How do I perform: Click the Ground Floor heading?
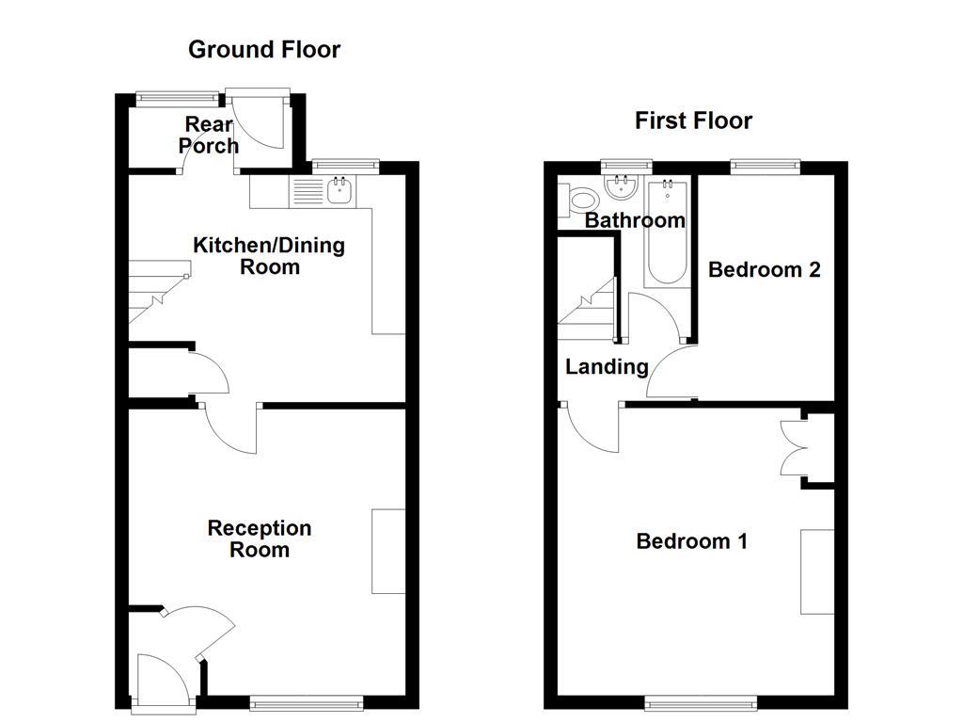click(x=264, y=49)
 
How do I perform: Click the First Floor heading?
click(x=693, y=120)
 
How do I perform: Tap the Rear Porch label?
click(x=209, y=135)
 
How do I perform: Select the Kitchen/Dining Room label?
click(x=269, y=256)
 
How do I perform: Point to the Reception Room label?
click(x=260, y=538)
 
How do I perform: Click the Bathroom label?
click(x=635, y=220)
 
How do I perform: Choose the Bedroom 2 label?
click(x=764, y=269)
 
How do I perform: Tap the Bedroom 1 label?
click(x=692, y=541)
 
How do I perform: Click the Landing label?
click(x=607, y=366)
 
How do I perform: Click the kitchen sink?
click(x=339, y=192)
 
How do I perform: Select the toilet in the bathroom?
click(x=579, y=200)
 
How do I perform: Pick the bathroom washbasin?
click(x=622, y=189)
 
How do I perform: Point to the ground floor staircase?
click(x=155, y=292)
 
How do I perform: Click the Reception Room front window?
click(x=307, y=700)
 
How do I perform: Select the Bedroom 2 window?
click(x=765, y=168)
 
